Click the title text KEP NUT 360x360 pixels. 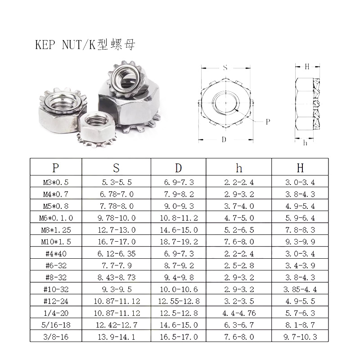click(x=58, y=45)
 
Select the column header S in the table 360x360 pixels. click(x=117, y=168)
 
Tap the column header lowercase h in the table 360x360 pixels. click(x=239, y=168)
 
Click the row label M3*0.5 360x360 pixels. click(x=56, y=182)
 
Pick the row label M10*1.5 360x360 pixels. click(x=56, y=242)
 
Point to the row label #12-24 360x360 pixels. click(x=56, y=301)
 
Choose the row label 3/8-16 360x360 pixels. click(x=56, y=337)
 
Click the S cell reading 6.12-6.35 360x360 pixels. click(x=117, y=254)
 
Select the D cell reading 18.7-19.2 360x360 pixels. click(x=179, y=242)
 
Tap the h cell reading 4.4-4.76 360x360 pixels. click(x=239, y=313)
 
